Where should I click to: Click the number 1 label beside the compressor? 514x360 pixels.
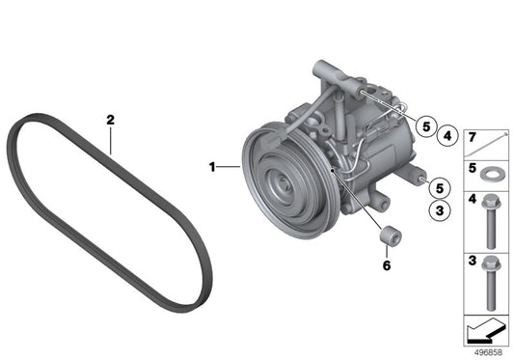coord(212,167)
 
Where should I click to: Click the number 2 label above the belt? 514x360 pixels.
coord(111,120)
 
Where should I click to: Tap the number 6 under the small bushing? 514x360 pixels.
coord(387,265)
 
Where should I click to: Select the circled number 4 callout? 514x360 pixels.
coord(447,135)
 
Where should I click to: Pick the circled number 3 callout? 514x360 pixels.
coord(440,210)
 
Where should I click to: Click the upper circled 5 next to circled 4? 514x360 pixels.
coord(426,126)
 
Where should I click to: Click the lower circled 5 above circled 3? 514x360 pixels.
coord(440,188)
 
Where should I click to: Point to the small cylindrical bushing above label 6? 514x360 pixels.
coord(391,235)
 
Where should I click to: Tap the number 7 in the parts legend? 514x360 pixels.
coord(472,137)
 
